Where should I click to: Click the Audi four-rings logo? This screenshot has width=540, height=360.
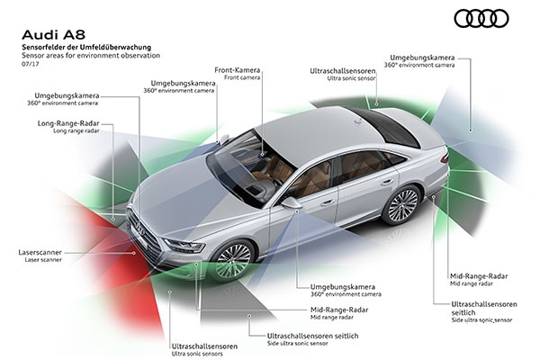(x=481, y=18)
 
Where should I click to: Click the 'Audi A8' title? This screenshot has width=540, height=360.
(x=53, y=35)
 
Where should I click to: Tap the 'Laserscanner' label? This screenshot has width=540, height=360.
(x=40, y=253)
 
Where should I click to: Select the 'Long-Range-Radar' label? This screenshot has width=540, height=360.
(x=68, y=123)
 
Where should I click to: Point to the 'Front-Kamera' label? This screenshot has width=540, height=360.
(x=238, y=70)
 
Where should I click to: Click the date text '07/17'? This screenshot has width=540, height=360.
(x=31, y=64)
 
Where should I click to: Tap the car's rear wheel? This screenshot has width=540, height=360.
(x=403, y=206)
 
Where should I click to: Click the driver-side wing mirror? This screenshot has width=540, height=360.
(x=292, y=202)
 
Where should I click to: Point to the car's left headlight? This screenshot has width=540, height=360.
(x=184, y=245)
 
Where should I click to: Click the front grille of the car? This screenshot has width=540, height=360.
(x=145, y=234)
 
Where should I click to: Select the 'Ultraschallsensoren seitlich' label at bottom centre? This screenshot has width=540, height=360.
(x=312, y=336)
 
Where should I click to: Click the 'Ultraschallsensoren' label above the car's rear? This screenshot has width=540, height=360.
(x=343, y=71)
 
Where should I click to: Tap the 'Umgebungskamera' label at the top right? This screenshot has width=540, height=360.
(x=422, y=58)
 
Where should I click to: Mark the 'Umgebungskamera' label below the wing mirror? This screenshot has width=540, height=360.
(x=343, y=286)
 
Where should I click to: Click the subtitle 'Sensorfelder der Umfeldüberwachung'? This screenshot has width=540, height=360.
(x=86, y=47)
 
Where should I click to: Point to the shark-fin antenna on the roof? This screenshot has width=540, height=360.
(x=358, y=121)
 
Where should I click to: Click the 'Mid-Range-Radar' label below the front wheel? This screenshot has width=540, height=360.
(x=339, y=310)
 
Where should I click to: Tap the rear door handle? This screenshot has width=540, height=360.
(x=387, y=182)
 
